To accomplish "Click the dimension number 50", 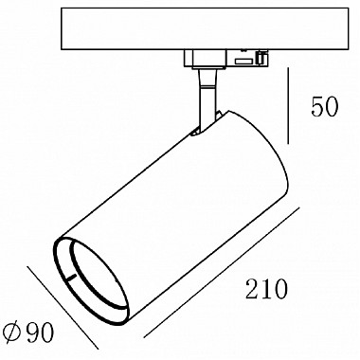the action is click(x=325, y=107).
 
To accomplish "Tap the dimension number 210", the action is click(x=267, y=289).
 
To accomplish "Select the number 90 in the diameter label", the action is click(x=40, y=332).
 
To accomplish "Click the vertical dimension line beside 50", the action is click(x=288, y=105).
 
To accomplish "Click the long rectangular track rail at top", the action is click(x=205, y=28).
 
